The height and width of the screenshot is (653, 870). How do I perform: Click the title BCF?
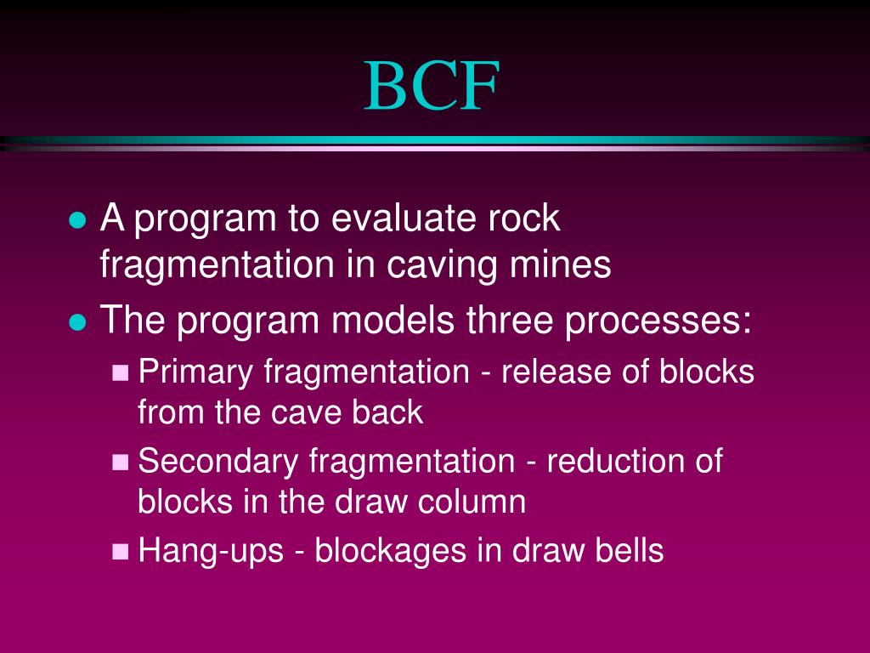click(x=432, y=86)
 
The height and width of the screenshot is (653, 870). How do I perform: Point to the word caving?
click(x=441, y=266)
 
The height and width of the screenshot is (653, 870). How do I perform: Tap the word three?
click(x=509, y=320)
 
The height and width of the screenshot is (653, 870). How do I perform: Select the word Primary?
click(x=195, y=372)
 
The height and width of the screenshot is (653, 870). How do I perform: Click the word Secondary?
click(x=218, y=462)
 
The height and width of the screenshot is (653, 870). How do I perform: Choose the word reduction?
click(x=611, y=461)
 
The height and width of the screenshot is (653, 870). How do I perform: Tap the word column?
click(x=472, y=502)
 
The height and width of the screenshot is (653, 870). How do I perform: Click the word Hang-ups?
click(x=211, y=552)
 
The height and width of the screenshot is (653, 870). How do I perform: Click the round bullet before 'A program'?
click(x=77, y=220)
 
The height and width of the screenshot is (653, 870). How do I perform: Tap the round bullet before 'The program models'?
click(x=77, y=322)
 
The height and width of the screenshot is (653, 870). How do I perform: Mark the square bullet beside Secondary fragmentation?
click(x=121, y=463)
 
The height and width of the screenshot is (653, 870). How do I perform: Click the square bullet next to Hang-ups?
click(x=121, y=551)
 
